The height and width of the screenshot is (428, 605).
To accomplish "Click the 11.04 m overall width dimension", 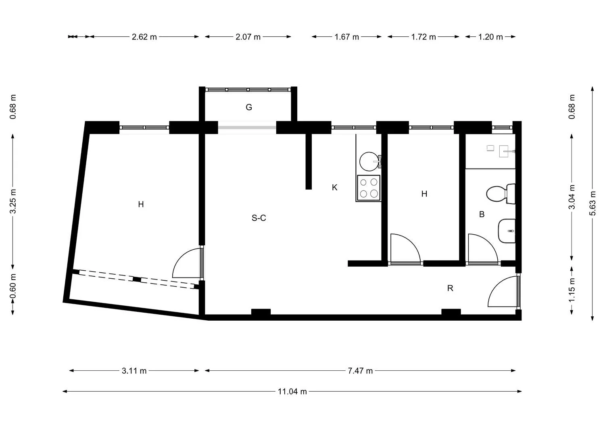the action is (x=292, y=391).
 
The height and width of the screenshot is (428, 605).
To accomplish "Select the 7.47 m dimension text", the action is (x=360, y=371).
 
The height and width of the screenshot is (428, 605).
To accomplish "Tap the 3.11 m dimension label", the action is (x=134, y=371).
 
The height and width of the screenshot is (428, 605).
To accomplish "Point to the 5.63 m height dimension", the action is (x=592, y=203).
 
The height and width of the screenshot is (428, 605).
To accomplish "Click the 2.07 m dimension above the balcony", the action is (x=248, y=37).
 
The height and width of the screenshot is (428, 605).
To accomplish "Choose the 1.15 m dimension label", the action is (x=572, y=290).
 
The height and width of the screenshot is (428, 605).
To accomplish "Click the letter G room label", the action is (x=249, y=107).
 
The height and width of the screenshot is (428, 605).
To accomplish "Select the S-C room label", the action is (x=259, y=218).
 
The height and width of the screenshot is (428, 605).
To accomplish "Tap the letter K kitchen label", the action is (x=335, y=188).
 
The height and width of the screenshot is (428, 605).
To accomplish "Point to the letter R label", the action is (x=450, y=288).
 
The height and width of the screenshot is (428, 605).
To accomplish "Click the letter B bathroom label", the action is (x=482, y=214).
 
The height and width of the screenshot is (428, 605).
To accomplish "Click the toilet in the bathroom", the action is (x=501, y=194).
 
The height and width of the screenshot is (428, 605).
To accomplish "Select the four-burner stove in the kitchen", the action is (x=369, y=188).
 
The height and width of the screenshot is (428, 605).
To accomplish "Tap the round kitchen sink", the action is (x=369, y=162).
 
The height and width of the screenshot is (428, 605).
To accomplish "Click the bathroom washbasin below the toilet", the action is (x=507, y=231).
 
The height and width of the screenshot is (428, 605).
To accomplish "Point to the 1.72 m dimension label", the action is (x=423, y=37).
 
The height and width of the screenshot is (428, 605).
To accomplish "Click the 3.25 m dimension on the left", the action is (x=13, y=201).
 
